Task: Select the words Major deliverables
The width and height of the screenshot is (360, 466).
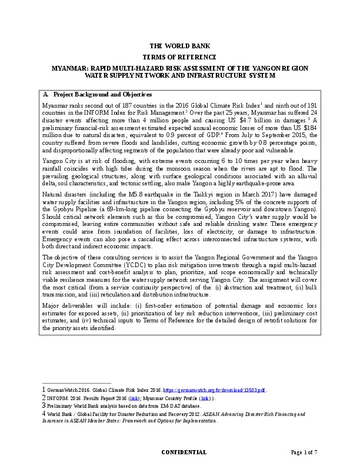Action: (65, 305)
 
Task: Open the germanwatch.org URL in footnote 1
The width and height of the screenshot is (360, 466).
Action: (214, 390)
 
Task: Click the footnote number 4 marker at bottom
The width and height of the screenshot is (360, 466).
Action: (44, 414)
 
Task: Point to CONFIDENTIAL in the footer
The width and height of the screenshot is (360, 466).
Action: (184, 452)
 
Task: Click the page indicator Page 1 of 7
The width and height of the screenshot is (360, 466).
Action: (304, 452)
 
